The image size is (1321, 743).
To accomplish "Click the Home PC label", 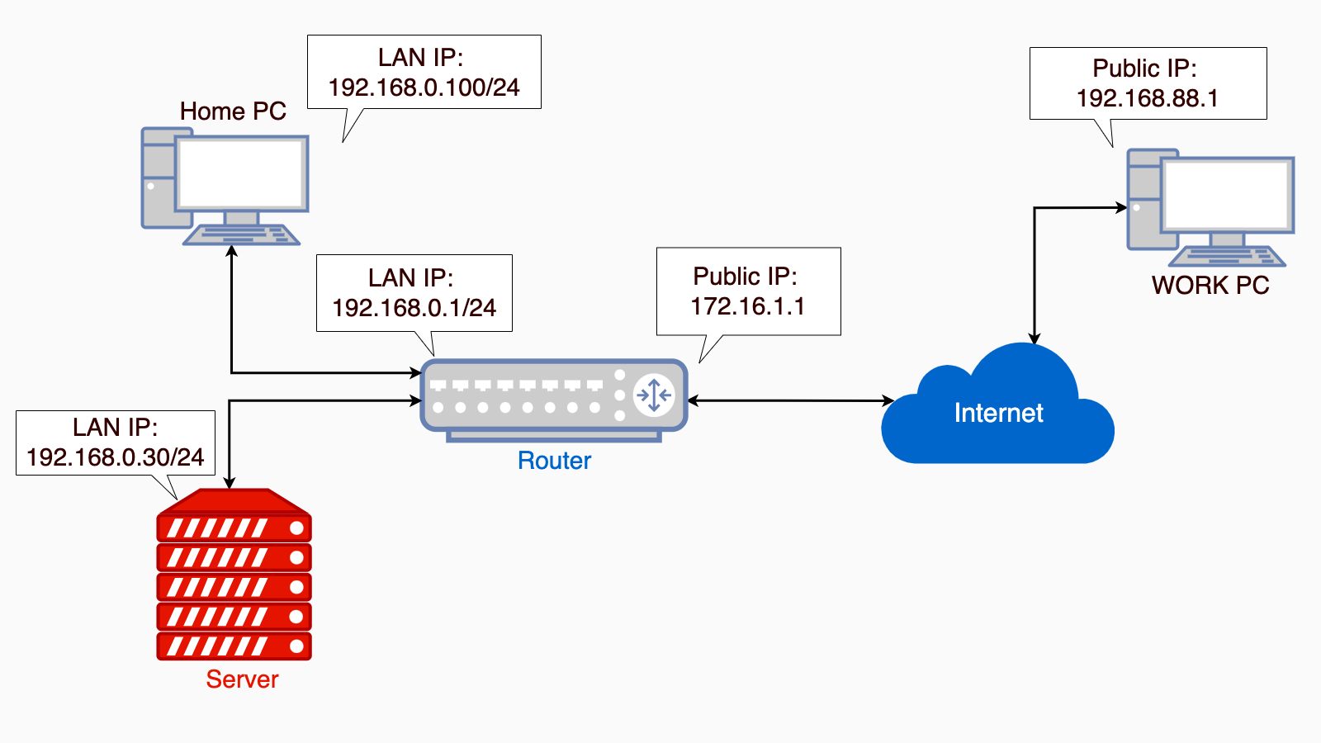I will [x=233, y=111].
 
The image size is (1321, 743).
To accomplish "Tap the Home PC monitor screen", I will [x=241, y=173].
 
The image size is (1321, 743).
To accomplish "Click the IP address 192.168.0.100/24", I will [x=424, y=88].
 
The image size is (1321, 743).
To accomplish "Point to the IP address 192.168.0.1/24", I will [x=414, y=308].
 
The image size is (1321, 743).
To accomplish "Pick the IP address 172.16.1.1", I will [x=747, y=306].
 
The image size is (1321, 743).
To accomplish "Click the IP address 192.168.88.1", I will [x=1147, y=98].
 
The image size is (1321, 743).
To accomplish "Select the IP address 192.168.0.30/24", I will [x=115, y=457].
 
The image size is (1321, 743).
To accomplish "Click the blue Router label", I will [x=554, y=461].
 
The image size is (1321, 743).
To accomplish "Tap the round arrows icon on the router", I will [x=654, y=395].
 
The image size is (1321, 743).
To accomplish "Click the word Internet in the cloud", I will [x=998, y=413].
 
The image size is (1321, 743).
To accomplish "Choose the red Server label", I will [x=242, y=679].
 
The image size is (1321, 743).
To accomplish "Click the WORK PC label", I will [x=1210, y=286].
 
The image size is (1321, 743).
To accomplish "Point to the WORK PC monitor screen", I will [x=1227, y=195].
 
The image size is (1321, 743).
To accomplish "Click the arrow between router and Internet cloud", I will [x=790, y=401].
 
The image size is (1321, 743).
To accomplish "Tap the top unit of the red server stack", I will [x=234, y=528].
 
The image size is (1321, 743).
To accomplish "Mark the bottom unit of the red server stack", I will [x=234, y=646].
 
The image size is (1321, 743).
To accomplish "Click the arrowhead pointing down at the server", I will [x=230, y=482].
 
